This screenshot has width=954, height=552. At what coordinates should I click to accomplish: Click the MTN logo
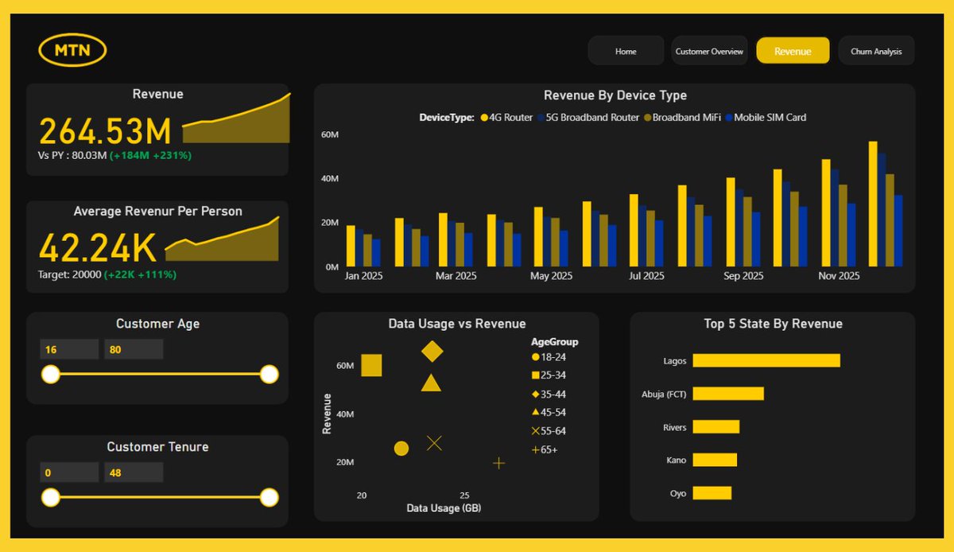(72, 51)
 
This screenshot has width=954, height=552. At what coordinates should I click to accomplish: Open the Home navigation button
(626, 51)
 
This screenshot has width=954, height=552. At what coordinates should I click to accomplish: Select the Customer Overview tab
(709, 51)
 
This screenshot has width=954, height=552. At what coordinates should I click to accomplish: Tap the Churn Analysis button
(876, 51)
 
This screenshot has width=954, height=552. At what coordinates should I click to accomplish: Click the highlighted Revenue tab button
(793, 51)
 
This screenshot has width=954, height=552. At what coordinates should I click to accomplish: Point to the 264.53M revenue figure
(105, 130)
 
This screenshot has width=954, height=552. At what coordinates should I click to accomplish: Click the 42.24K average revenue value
(98, 248)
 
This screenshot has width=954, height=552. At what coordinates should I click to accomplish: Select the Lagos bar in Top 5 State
(766, 360)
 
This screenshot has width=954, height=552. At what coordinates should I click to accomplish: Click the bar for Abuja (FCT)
(727, 394)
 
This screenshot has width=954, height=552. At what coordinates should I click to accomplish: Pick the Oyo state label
(677, 493)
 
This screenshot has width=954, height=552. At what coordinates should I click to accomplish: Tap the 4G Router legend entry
(506, 118)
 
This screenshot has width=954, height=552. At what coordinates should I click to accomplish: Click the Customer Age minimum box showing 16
(69, 349)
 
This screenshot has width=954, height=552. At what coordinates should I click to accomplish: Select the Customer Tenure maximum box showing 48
(133, 472)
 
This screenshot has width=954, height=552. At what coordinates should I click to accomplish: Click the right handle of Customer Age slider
(269, 374)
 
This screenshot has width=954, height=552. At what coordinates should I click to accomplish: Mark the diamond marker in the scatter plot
(432, 351)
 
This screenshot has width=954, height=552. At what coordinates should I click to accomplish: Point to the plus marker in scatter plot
(498, 463)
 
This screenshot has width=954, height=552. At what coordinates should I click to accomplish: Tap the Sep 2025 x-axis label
(743, 276)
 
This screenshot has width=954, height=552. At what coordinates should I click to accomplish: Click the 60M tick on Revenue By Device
(330, 135)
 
